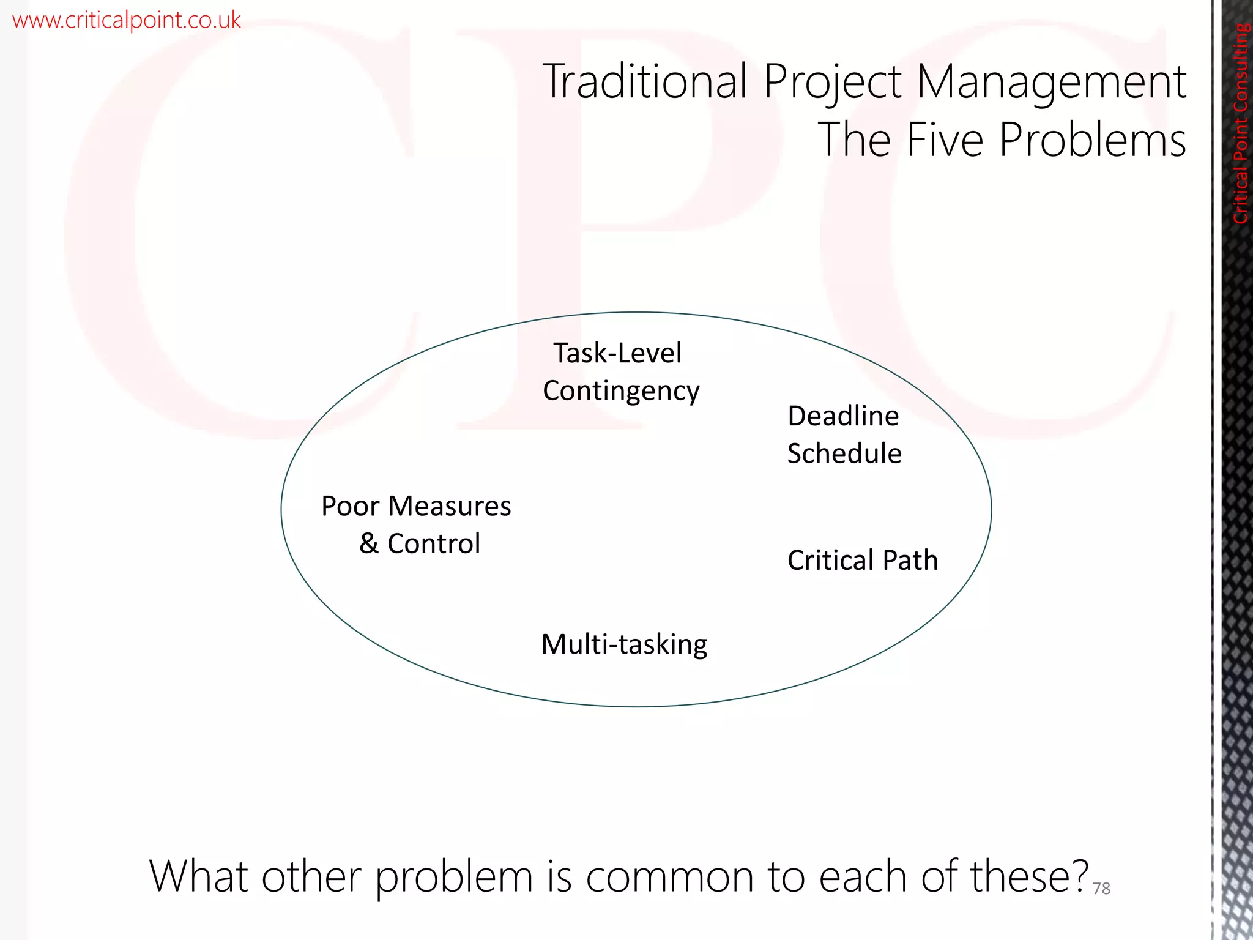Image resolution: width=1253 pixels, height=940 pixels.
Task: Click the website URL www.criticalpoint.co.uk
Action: [x=127, y=20]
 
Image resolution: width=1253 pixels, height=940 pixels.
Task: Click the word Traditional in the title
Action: [x=645, y=81]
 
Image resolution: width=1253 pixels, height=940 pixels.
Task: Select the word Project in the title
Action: [x=832, y=83]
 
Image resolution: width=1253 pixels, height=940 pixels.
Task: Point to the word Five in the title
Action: [x=946, y=140]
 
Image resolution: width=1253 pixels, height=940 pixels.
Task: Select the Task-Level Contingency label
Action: [x=620, y=371]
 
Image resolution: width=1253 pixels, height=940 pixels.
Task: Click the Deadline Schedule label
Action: [x=844, y=435]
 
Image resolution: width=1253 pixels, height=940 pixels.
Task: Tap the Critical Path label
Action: [x=863, y=560]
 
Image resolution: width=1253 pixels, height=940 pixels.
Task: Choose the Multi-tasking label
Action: [x=624, y=644]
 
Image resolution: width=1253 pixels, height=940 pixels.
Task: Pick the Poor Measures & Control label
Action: [x=417, y=524]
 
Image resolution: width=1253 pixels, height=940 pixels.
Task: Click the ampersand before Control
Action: [x=369, y=543]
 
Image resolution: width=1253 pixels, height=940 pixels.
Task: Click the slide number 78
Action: [x=1101, y=889]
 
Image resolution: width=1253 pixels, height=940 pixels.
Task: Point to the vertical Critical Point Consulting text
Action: [x=1241, y=122]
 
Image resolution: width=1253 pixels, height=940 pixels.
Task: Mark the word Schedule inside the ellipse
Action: [x=844, y=454]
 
